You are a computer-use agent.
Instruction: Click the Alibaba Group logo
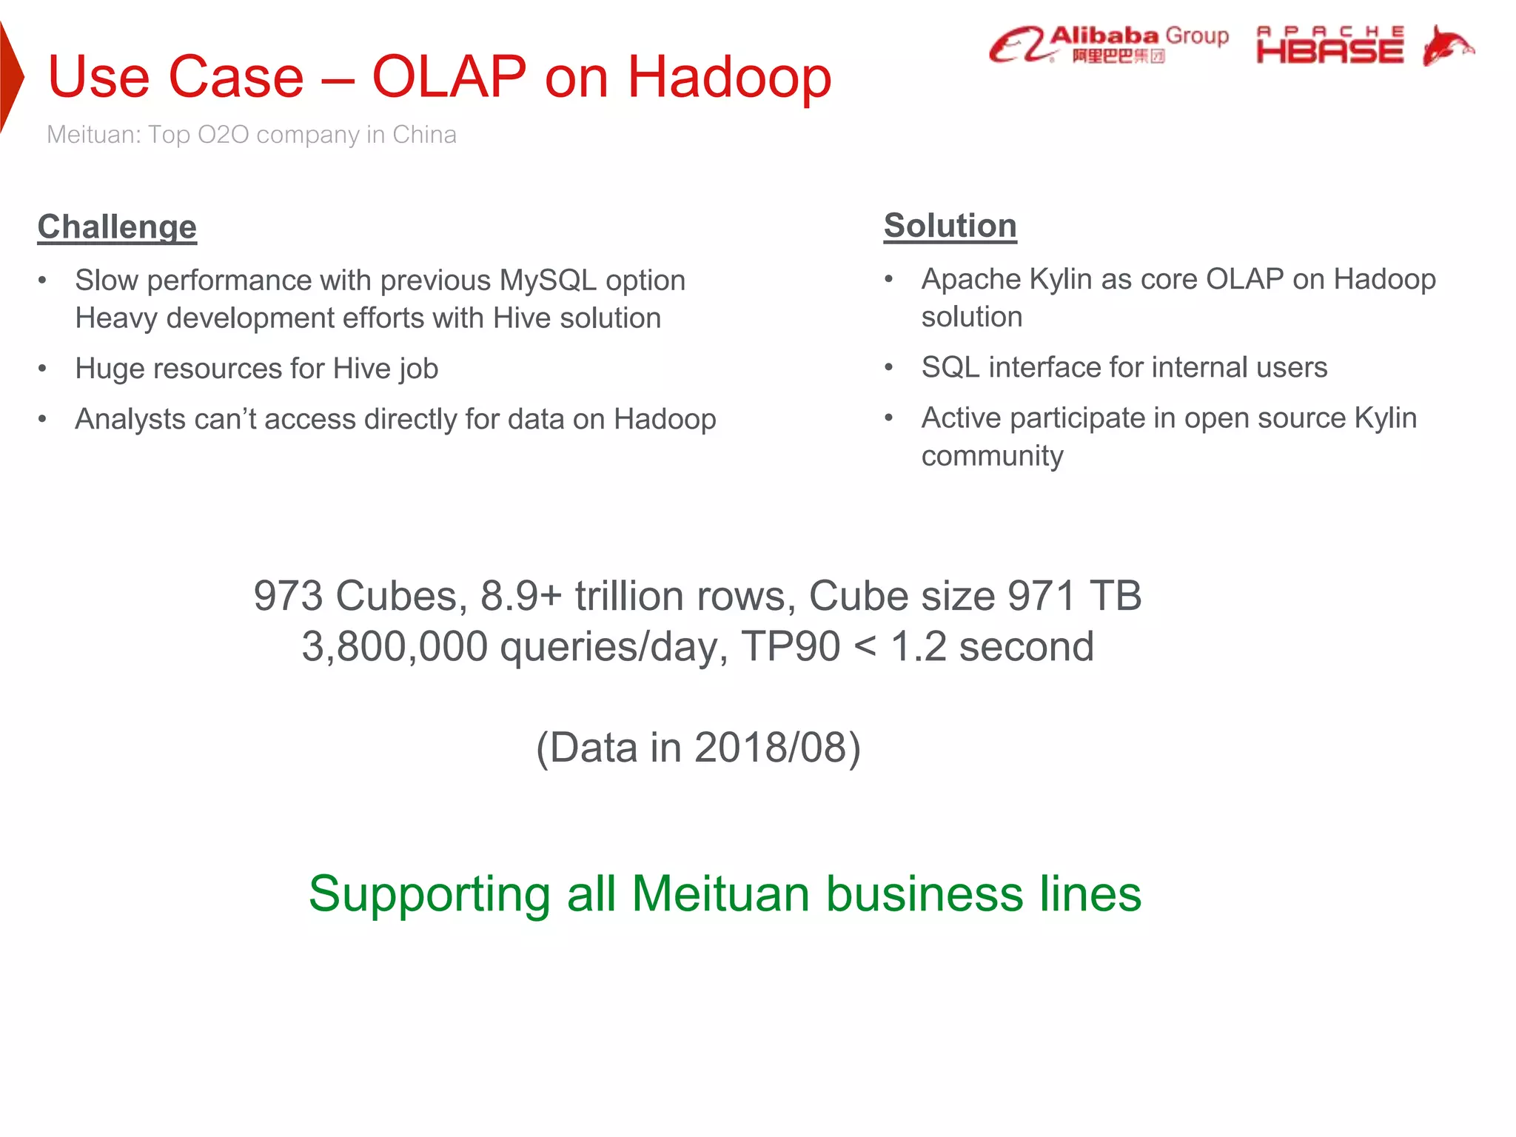click(x=1108, y=44)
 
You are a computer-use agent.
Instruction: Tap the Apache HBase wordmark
click(x=1329, y=44)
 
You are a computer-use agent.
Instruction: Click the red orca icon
click(x=1447, y=44)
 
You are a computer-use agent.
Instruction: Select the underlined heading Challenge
click(x=117, y=227)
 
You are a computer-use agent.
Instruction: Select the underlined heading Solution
click(x=950, y=225)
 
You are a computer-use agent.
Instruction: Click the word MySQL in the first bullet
click(x=548, y=281)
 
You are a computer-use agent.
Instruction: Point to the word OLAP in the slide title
click(x=449, y=76)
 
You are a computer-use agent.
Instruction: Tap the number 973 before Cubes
click(x=288, y=596)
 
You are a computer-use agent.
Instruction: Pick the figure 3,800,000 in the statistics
click(x=394, y=646)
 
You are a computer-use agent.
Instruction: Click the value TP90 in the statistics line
click(x=791, y=646)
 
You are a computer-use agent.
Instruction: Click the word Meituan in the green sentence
click(x=720, y=893)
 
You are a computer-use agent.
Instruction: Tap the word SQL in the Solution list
click(x=950, y=367)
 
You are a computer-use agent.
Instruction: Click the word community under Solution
click(x=992, y=456)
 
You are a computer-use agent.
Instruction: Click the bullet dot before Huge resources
click(x=43, y=368)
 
